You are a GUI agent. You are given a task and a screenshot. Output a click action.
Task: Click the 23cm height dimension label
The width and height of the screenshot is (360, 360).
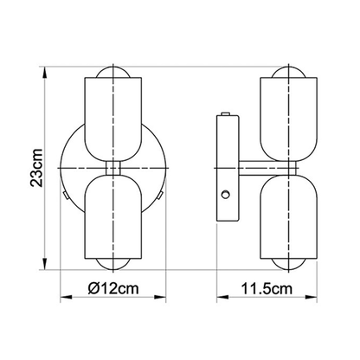28,164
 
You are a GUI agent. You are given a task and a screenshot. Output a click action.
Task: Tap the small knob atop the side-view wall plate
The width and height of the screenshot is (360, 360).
227,113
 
